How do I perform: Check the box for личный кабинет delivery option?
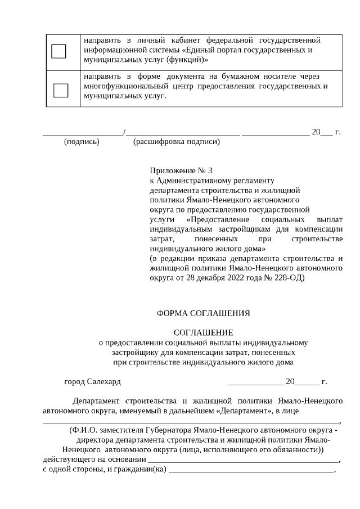58,51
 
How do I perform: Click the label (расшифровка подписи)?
176,142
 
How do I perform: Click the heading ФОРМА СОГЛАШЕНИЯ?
203,312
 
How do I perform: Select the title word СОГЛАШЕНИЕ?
203,332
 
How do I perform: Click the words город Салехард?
92,381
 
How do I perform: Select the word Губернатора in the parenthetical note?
166,430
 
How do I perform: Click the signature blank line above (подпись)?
83,134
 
